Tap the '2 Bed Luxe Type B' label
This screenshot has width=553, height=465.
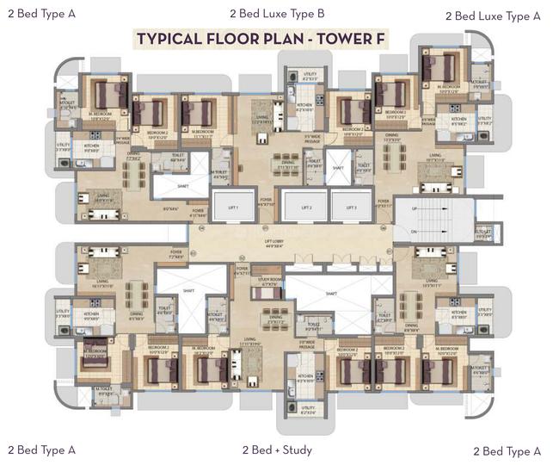click(x=277, y=13)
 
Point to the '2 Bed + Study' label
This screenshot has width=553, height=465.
click(x=276, y=449)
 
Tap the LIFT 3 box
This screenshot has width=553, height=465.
click(x=349, y=208)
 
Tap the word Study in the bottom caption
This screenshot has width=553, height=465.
click(x=297, y=449)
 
